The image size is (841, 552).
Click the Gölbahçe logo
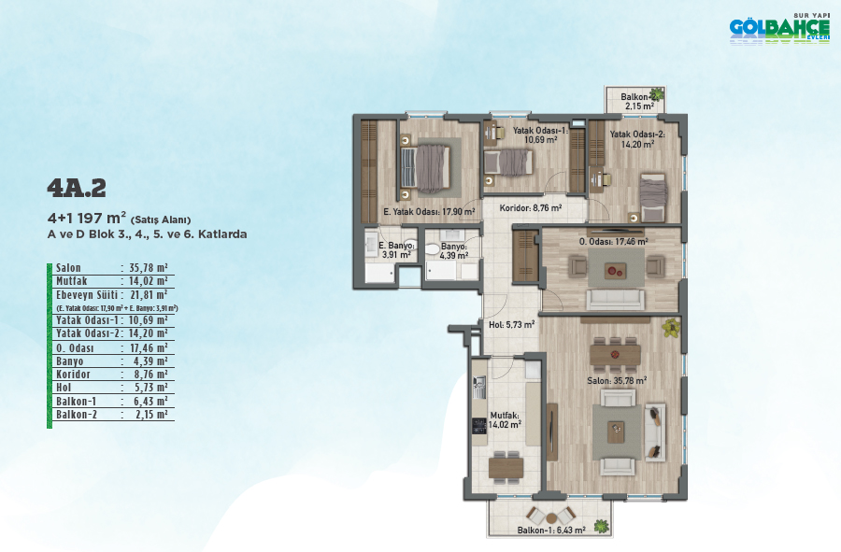(x=779, y=29)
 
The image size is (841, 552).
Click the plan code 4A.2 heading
(x=77, y=188)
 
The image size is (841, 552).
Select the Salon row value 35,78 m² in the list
(x=148, y=267)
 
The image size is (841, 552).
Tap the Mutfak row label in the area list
(x=71, y=281)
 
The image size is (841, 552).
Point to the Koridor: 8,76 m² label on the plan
(x=531, y=208)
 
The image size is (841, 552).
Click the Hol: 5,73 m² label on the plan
(x=512, y=325)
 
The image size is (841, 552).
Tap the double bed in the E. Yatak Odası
(x=427, y=169)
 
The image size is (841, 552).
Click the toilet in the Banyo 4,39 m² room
(x=433, y=249)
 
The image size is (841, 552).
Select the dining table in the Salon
(x=615, y=354)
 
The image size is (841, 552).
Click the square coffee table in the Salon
(x=616, y=432)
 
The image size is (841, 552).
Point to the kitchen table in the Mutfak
(x=506, y=468)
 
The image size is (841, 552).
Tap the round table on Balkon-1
(x=551, y=518)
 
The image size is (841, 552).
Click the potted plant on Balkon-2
(x=657, y=94)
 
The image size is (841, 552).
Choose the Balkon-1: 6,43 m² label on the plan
(x=551, y=530)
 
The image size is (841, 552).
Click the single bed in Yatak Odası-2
(x=653, y=197)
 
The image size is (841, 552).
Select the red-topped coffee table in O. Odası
(x=615, y=271)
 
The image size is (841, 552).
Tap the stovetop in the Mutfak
(x=479, y=426)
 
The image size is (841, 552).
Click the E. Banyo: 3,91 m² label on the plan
(x=396, y=250)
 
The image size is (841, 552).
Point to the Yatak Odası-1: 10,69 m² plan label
(x=540, y=135)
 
